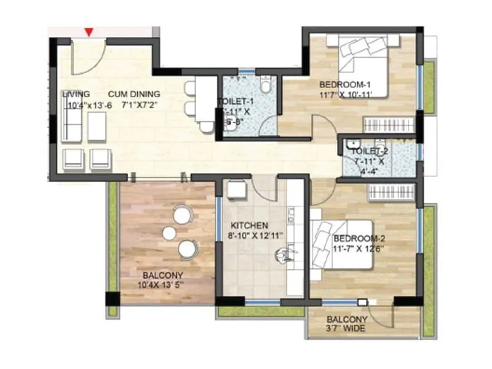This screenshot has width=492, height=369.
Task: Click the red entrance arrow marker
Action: point(90,31)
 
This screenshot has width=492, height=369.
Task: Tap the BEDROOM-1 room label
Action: point(344,84)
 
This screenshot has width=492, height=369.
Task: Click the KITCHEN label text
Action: point(248,226)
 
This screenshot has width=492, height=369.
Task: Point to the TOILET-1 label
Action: point(236,102)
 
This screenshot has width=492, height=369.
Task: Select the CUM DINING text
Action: point(134,94)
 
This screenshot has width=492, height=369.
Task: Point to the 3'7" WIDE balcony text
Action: point(346,328)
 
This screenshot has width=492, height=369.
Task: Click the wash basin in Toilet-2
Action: point(353,146)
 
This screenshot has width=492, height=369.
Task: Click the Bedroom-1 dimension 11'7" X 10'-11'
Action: point(346,95)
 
